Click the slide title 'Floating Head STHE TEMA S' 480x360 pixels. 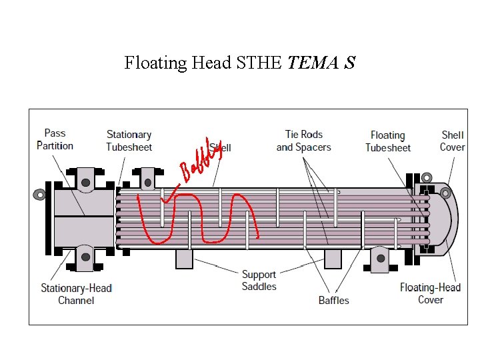click(239, 63)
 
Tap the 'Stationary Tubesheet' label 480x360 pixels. click(129, 141)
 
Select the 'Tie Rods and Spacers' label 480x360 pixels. click(303, 141)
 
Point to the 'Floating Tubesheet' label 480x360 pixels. click(388, 141)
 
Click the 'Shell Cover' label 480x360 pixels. click(452, 141)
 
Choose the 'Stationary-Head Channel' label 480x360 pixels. click(76, 294)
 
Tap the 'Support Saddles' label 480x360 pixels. click(259, 280)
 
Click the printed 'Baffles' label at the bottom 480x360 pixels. click(333, 300)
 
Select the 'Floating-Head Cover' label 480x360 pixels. click(430, 293)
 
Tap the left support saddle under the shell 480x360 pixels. click(184, 259)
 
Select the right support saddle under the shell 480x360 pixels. click(333, 259)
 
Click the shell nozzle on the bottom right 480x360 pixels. click(378, 259)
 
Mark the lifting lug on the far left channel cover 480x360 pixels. click(40, 195)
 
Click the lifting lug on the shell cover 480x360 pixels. click(445, 195)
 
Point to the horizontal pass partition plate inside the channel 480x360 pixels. click(83, 217)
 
